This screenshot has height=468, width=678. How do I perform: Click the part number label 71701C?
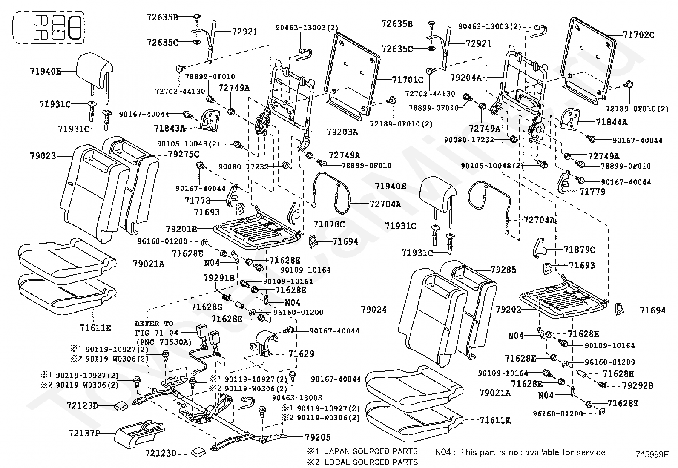pos(408,80)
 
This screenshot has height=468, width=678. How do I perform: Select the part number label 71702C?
pos(639,35)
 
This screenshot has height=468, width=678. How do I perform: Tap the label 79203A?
pos(342,132)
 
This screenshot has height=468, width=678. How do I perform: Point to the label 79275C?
pos(184,155)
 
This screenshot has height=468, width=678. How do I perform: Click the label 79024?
pos(374,310)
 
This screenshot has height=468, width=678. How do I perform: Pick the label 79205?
pos(318,437)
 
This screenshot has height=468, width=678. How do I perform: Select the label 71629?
pos(301,354)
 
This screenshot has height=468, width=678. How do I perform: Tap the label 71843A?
pos(169,128)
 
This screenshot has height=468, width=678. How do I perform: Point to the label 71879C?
pos(579,250)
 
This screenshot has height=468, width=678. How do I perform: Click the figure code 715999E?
pos(652,455)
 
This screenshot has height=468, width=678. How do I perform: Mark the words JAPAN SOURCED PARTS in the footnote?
pos(371,451)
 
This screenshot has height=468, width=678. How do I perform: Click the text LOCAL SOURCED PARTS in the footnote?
pos(371,462)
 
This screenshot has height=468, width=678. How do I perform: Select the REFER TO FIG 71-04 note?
pos(164,333)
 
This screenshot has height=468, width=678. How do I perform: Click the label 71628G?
pos(207,307)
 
